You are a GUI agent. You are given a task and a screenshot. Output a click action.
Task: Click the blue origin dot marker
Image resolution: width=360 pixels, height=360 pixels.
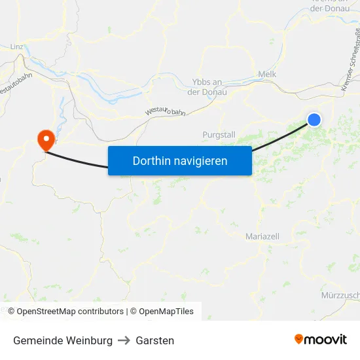point(314,119)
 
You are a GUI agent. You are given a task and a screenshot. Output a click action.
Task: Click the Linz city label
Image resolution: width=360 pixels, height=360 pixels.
point(17,47)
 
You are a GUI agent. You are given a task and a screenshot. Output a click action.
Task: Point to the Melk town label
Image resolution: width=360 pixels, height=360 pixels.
point(268,75)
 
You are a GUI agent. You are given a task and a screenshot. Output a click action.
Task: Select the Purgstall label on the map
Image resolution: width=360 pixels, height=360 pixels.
point(219,134)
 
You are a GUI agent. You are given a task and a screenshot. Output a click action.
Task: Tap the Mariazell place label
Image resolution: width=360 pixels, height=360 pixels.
point(262,236)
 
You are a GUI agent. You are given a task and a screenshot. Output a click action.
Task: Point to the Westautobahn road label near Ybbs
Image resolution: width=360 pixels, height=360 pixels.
point(165,112)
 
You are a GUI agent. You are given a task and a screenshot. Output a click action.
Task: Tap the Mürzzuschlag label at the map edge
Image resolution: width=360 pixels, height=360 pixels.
point(340,296)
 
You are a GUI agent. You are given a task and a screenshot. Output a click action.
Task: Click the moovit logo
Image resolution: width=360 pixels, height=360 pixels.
point(320,340)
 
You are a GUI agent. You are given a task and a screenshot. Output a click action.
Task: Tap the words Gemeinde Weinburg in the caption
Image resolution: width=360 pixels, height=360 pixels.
point(63,340)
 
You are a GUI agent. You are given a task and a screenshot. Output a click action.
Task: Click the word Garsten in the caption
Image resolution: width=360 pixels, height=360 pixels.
point(155,340)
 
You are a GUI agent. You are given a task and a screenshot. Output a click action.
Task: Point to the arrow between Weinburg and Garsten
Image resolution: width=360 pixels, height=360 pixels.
point(124,340)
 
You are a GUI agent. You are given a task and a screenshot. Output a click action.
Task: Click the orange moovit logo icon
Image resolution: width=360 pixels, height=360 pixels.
point(299,339)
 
